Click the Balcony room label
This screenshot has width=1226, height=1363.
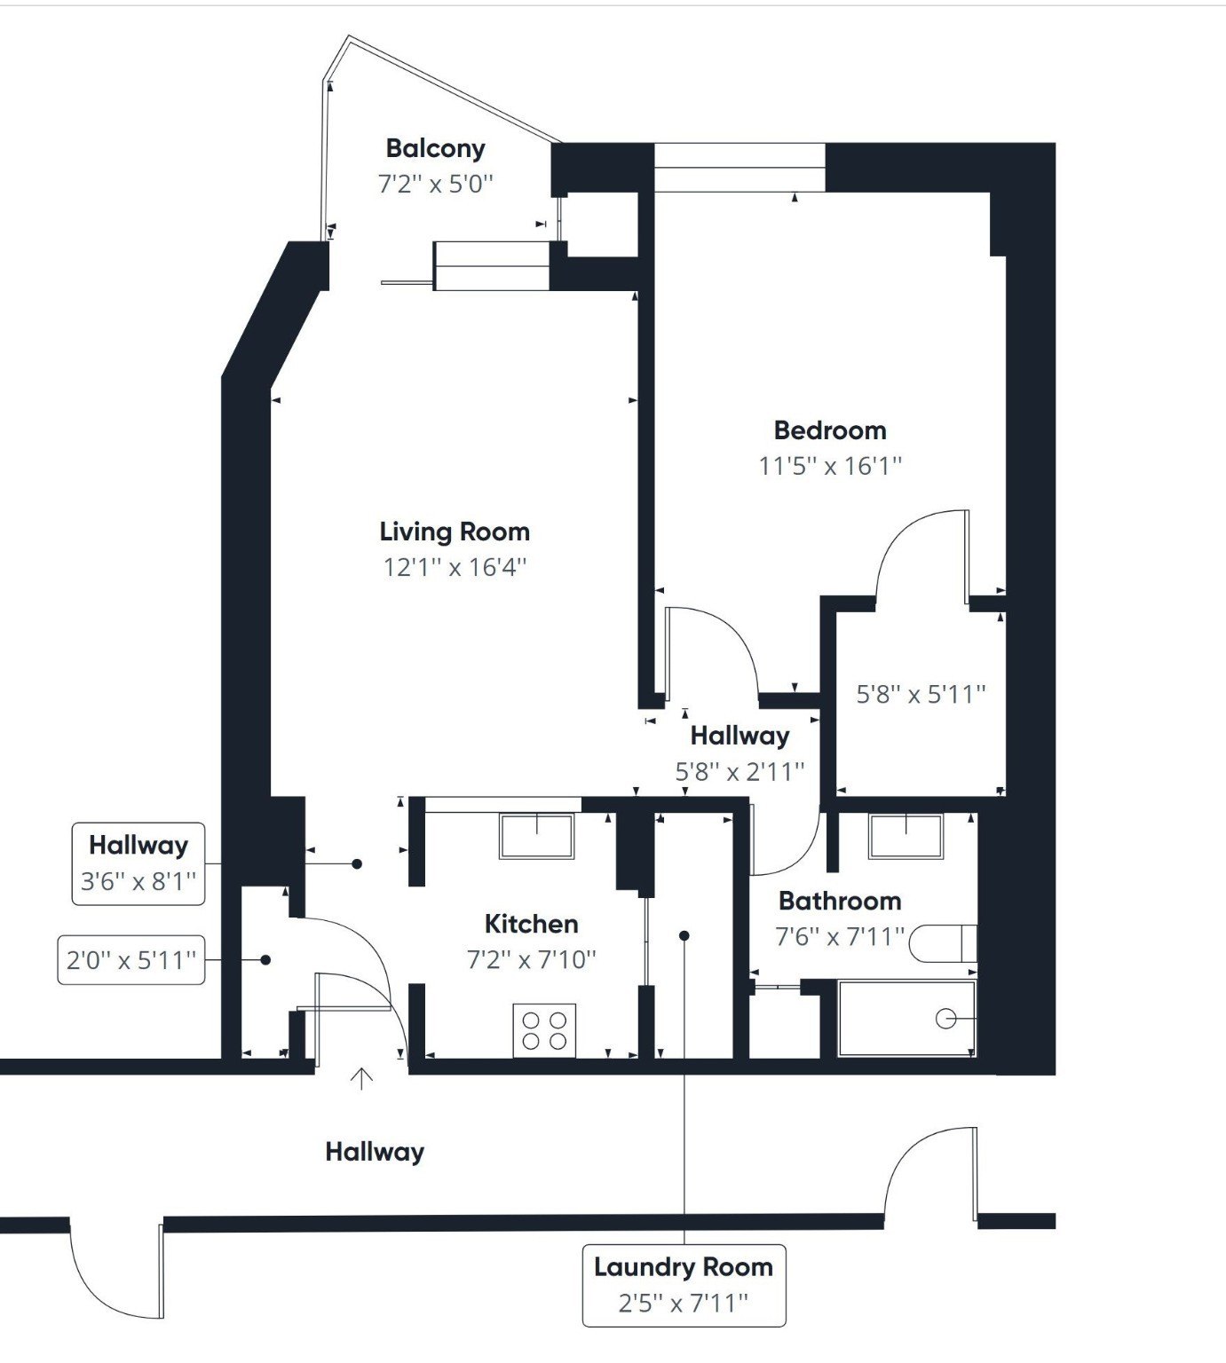435,148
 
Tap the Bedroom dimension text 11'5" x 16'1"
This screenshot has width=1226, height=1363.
830,466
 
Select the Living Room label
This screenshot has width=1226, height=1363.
455,532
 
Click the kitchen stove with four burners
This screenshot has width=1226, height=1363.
544,1030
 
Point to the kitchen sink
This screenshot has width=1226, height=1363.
536,836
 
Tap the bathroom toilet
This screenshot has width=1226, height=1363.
943,942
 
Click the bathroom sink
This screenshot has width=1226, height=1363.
905,837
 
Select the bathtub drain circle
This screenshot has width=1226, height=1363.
945,1019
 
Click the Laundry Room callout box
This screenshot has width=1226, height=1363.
684,1285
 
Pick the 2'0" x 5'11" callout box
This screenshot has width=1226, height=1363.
131,960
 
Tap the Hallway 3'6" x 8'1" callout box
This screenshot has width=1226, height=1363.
138,863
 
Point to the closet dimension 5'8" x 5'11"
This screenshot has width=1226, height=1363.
921,694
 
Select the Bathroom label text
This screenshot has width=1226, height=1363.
839,902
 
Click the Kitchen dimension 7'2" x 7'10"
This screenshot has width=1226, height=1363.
531,959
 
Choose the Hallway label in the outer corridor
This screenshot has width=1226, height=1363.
375,1152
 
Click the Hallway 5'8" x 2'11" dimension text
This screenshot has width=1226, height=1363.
740,772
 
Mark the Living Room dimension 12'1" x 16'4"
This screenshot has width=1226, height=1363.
455,567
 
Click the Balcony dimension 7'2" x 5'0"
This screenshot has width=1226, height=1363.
435,185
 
